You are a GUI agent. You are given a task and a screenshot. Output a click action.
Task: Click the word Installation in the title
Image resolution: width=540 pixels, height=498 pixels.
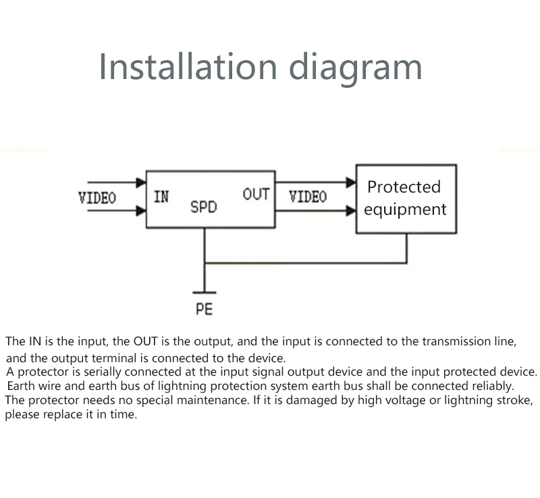coord(188,66)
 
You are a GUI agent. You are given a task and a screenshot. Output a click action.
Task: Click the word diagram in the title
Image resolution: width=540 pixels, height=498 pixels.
coord(356,68)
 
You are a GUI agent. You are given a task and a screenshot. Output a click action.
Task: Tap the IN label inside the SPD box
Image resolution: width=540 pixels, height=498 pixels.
coord(161,197)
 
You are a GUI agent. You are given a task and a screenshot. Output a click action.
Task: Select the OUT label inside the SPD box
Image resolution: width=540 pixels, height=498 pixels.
coord(256,194)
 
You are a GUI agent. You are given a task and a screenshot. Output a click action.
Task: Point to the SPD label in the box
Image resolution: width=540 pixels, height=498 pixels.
coord(204,207)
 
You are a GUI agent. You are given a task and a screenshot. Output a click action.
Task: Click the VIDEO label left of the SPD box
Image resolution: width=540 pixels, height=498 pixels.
coord(97,198)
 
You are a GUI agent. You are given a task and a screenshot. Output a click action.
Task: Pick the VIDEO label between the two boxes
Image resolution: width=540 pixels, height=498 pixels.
coord(308,197)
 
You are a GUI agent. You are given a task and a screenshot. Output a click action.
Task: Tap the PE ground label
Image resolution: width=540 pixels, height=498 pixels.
coord(205,309)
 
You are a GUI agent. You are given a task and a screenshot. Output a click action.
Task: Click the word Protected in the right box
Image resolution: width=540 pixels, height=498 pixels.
coord(404,186)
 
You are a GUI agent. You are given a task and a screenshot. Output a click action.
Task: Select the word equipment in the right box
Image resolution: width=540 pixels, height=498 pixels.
coord(406,209)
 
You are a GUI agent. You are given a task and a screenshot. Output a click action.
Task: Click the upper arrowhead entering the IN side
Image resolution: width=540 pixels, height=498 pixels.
coord(141,182)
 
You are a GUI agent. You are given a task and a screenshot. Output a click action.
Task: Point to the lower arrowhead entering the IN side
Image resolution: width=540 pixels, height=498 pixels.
coord(141,210)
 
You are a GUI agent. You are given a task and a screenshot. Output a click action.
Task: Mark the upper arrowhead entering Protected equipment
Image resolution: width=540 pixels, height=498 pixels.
coord(351,182)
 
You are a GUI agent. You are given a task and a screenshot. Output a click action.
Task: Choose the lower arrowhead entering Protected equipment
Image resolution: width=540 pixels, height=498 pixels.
coord(351,210)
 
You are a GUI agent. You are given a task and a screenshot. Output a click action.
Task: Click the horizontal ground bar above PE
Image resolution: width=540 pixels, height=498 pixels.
coord(205,293)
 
